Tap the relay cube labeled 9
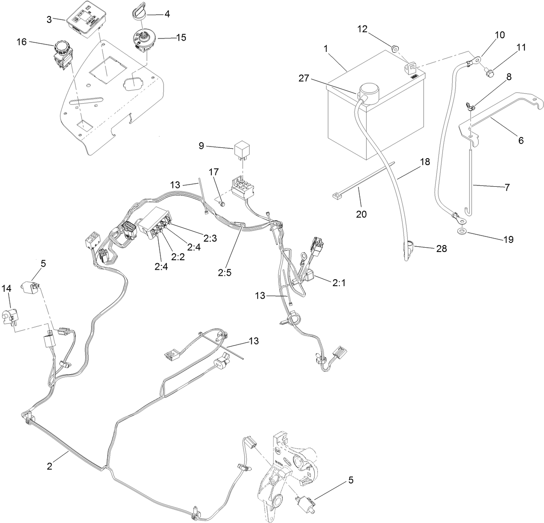point(243,150)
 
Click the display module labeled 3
point(85,19)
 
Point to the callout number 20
point(361,213)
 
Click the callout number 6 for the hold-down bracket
point(521,140)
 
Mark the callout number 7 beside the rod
point(507,187)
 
